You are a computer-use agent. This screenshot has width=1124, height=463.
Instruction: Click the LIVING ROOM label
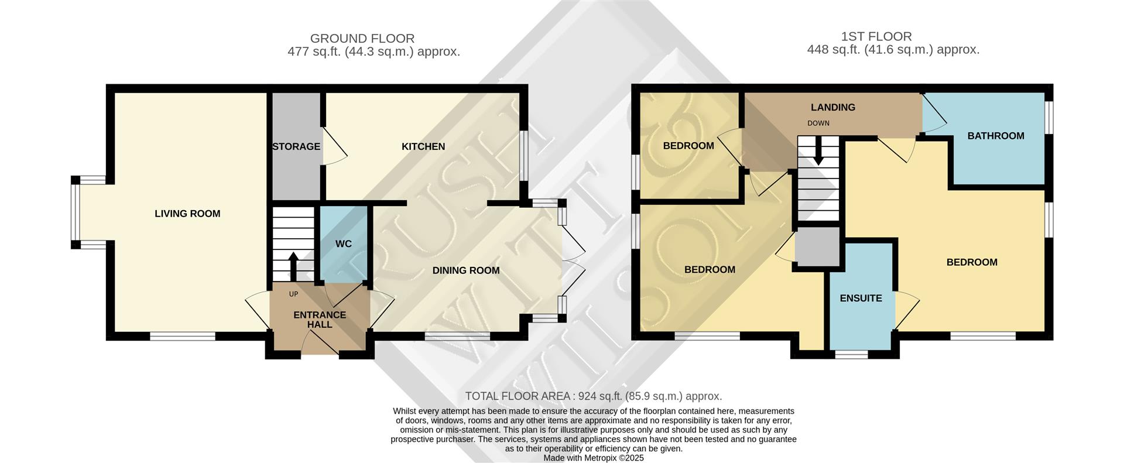187,214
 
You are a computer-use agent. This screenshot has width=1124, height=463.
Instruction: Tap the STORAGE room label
296,146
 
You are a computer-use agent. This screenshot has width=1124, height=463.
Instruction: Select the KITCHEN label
423,146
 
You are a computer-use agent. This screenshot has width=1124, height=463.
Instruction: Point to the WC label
344,243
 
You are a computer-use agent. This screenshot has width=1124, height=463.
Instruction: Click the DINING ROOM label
466,270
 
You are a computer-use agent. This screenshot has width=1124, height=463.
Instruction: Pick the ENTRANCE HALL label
320,320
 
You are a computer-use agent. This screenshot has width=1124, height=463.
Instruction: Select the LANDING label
833,107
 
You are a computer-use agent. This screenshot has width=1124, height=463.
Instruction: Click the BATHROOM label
996,136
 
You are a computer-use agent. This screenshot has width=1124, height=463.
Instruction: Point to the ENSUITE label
861,298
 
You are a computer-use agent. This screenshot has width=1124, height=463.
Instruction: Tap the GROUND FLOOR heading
362,39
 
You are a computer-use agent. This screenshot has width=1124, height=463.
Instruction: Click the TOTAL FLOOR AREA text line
593,396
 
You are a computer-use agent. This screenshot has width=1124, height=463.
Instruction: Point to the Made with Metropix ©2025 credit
594,458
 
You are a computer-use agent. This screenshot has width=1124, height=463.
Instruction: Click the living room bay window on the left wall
76,212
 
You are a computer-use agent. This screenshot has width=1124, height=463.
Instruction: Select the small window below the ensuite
851,354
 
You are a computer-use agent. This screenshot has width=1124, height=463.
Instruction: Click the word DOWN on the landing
818,124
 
